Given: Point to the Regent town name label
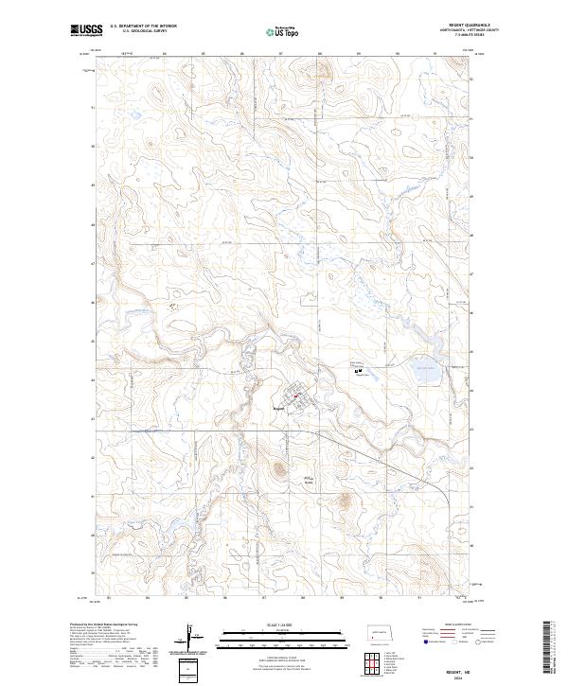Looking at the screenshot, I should (x=278, y=409).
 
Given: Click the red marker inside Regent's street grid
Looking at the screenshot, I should (x=295, y=396).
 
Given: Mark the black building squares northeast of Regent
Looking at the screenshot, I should (x=359, y=371).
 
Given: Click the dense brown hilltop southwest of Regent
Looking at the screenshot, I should (x=279, y=467).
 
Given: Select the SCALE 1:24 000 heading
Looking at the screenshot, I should (x=275, y=624).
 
